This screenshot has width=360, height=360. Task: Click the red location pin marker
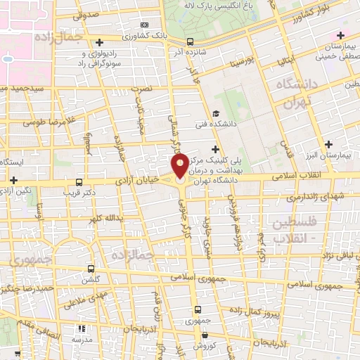coord(179,167)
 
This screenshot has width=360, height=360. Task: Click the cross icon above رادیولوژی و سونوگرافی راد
coord(99,42)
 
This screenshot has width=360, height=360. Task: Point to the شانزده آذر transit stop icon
coord(191,41)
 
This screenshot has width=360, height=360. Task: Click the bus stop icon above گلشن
coord(91,268)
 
